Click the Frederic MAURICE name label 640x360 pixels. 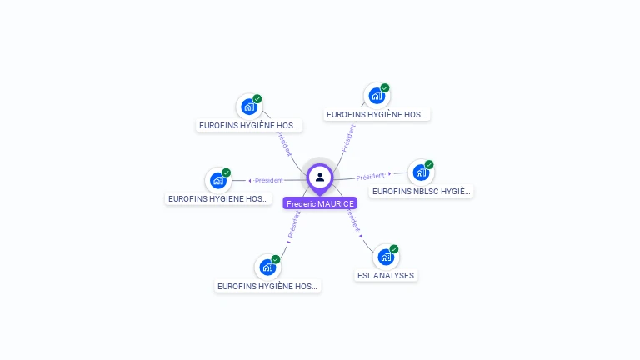(x=320, y=203)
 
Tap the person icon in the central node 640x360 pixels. (x=320, y=177)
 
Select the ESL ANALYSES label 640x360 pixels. (x=385, y=275)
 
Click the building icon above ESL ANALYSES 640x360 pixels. (x=385, y=257)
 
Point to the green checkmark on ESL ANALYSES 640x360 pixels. (x=394, y=249)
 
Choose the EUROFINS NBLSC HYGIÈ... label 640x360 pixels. (x=422, y=191)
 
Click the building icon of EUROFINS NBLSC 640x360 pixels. (x=420, y=172)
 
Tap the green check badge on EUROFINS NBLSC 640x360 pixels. (x=429, y=165)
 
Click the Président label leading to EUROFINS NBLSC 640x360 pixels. (x=370, y=177)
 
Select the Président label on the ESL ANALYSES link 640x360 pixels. (x=352, y=219)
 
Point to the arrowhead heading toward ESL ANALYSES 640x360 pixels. (x=361, y=236)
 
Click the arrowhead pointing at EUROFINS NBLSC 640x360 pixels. (x=390, y=173)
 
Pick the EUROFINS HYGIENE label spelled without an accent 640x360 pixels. (x=218, y=199)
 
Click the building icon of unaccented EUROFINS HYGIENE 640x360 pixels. (x=217, y=180)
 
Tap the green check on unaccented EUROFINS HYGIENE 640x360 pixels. (x=227, y=172)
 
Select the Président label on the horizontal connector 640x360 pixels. (x=269, y=180)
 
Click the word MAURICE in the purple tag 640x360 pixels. (x=336, y=203)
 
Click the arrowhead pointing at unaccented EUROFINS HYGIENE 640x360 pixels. (x=250, y=180)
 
